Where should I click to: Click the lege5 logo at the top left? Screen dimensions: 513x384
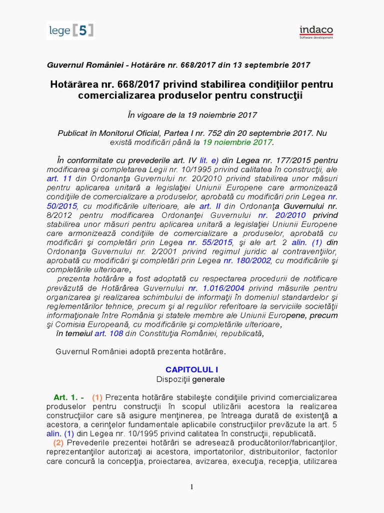coord(70,31)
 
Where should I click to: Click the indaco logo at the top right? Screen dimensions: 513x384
coord(316,32)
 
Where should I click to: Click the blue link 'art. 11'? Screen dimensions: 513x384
coord(59,178)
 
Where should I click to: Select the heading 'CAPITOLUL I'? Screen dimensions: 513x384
coord(192,369)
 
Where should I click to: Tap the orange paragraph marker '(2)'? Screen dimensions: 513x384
coord(59,442)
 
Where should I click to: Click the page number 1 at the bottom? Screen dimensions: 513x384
coord(192,488)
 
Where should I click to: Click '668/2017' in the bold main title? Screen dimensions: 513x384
coord(133,84)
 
